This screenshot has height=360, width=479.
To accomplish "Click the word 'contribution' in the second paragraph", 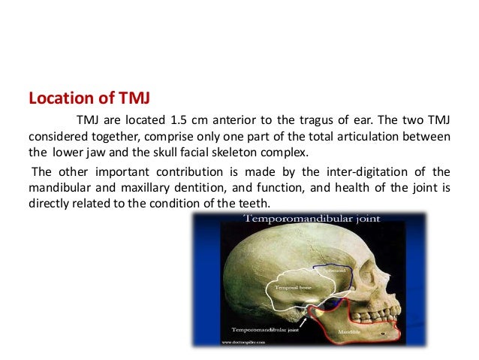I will (163, 171).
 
